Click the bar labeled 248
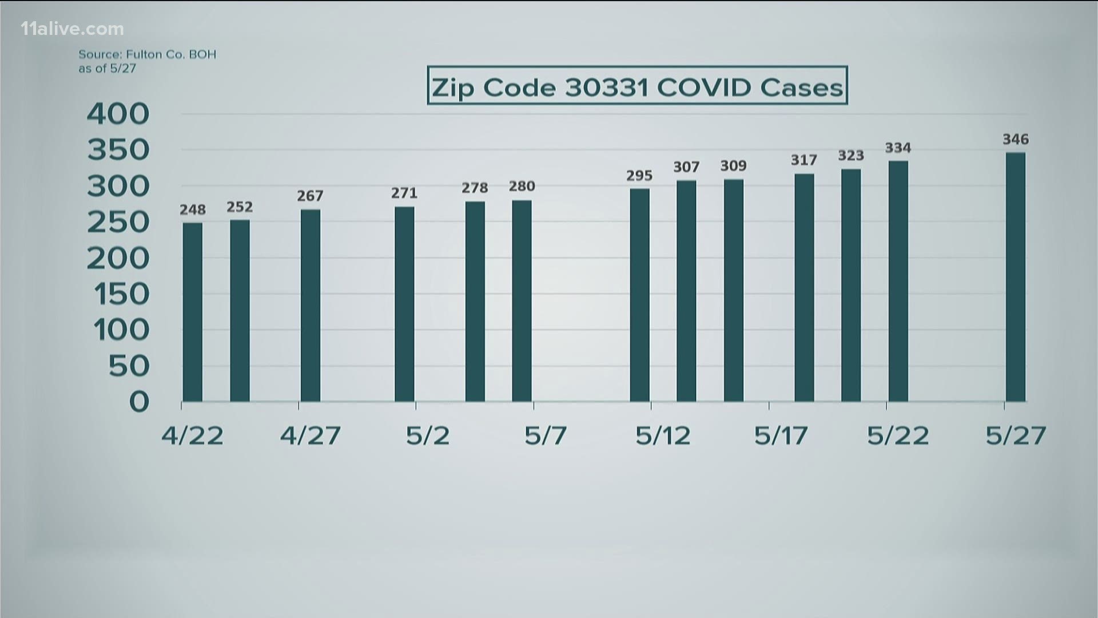coord(192,312)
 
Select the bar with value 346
coord(1016,277)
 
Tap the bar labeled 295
coord(639,295)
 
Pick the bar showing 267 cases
coord(311,305)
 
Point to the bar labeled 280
coord(522,301)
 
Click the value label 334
coord(898,148)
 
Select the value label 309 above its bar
coord(733,166)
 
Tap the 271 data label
coord(404,193)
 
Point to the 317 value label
coord(804,160)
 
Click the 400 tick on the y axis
coord(118,114)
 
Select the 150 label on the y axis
coord(118,294)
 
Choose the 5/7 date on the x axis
coord(546,437)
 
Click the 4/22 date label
coord(192,437)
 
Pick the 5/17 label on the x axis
coord(781,437)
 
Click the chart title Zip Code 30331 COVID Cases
coord(637,86)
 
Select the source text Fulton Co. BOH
coord(147,55)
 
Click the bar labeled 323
coord(851,285)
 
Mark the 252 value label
coord(240,207)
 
